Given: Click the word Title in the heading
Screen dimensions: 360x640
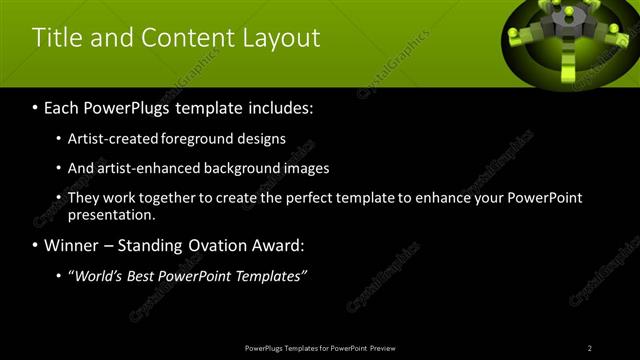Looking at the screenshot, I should (58, 38).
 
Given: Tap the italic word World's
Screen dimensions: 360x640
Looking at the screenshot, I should (95, 277).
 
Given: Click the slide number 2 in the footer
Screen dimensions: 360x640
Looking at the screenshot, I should (589, 348).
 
